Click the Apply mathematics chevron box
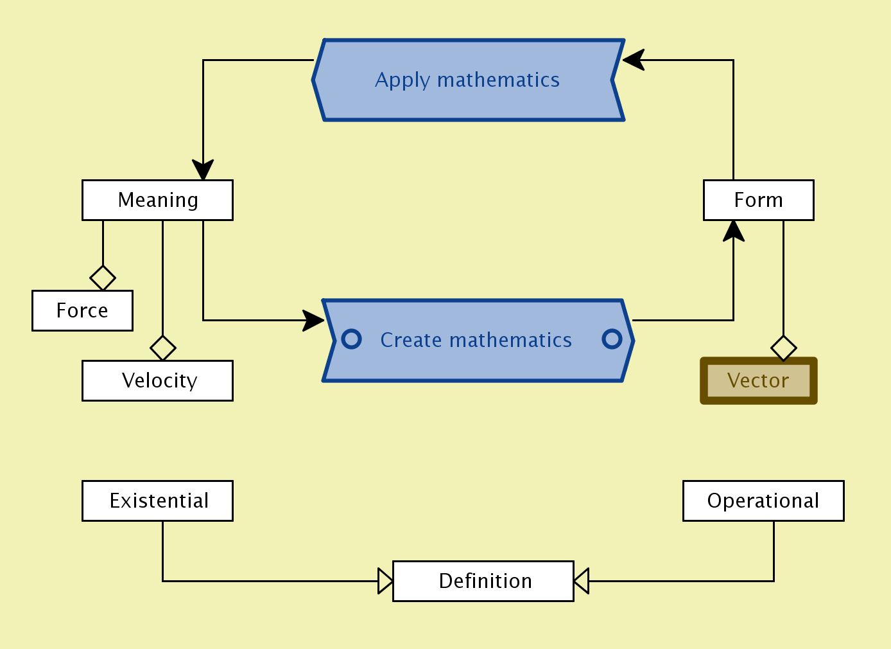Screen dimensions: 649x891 tap(468, 80)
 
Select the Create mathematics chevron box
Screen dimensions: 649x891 tap(476, 340)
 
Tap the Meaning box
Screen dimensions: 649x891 tap(157, 200)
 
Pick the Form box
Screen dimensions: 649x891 tap(758, 200)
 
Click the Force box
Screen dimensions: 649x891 tap(82, 311)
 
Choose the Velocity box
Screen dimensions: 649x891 tap(157, 381)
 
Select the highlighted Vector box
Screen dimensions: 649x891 tap(758, 381)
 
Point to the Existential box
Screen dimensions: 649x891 tap(157, 501)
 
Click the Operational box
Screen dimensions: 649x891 tap(763, 501)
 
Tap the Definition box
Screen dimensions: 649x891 tap(483, 582)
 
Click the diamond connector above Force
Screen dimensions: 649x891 tap(103, 278)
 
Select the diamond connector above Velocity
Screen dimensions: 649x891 tap(163, 348)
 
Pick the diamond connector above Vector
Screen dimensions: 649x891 tap(783, 348)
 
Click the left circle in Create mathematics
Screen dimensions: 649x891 tap(352, 339)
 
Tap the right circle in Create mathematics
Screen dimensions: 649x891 tap(612, 339)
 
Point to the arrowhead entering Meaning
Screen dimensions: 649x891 tap(203, 171)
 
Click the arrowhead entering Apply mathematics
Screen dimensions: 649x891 tap(633, 60)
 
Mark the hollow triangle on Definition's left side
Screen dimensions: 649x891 tap(385, 581)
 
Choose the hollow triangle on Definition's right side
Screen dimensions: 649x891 tap(581, 581)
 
